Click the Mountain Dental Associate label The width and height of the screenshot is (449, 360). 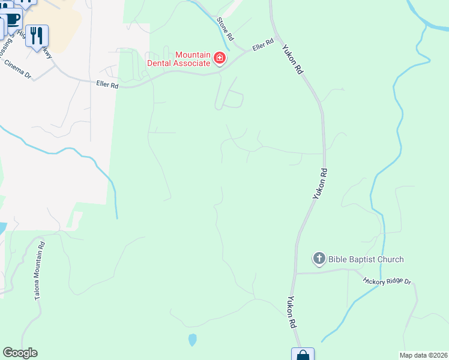click(178, 59)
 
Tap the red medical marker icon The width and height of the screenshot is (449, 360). click(220, 58)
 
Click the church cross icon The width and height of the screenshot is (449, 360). click(319, 259)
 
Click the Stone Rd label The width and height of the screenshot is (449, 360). click(225, 28)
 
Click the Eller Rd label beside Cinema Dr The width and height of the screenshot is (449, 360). click(107, 85)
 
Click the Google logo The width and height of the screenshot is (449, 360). click(20, 353)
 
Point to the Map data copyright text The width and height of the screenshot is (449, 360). click(423, 355)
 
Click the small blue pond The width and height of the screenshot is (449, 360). click(192, 340)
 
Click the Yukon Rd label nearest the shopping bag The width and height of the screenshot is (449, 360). click(292, 312)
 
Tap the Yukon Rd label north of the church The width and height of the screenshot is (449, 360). click(319, 183)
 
